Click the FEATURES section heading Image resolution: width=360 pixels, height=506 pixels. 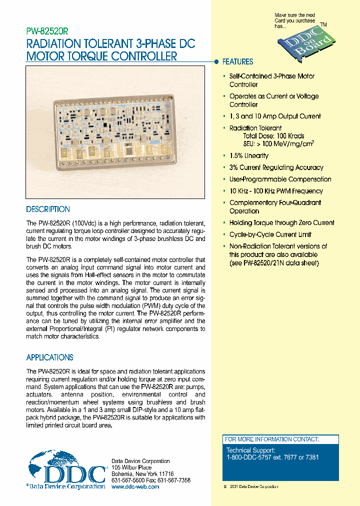pyautogui.click(x=237, y=62)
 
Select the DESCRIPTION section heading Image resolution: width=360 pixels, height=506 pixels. pyautogui.click(x=48, y=209)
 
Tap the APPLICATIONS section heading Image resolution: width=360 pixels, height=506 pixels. pyautogui.click(x=49, y=357)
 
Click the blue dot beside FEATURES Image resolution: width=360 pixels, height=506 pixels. pyautogui.click(x=216, y=62)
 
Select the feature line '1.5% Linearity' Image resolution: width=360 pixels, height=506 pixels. pyautogui.click(x=248, y=156)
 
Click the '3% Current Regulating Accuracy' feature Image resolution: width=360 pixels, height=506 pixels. pyautogui.click(x=276, y=167)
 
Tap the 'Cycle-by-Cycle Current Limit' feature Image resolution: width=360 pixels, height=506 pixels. pyautogui.click(x=270, y=234)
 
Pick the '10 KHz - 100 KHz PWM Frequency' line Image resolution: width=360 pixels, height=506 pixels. pyautogui.click(x=276, y=191)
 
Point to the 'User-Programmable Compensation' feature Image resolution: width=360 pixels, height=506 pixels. pyautogui.click(x=280, y=179)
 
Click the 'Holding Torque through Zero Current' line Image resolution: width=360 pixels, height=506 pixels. pyautogui.click(x=281, y=222)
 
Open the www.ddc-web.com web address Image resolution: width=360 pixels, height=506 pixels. pyautogui.click(x=135, y=486)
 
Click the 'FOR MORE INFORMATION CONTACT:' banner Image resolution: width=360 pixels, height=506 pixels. pyautogui.click(x=272, y=439)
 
